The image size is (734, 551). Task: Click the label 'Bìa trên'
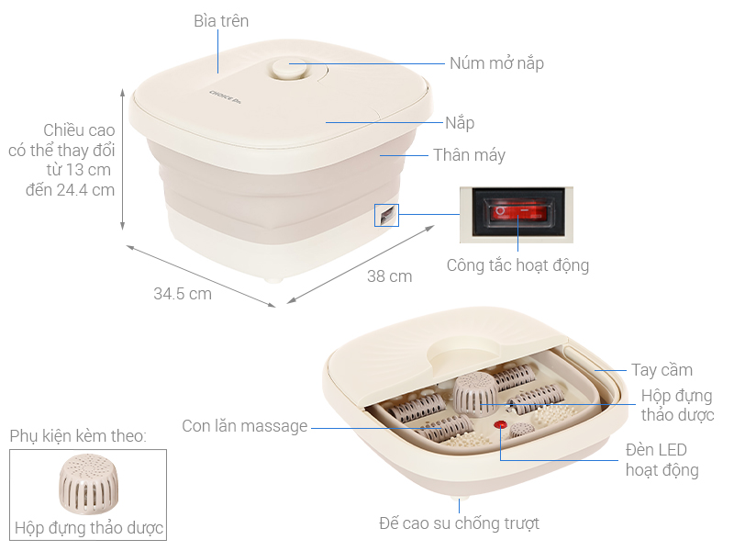(221, 20)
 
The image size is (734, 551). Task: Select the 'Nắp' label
(460, 122)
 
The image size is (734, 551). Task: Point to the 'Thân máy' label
(469, 154)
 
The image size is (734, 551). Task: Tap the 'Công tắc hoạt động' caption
(517, 265)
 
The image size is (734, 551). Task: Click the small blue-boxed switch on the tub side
(386, 214)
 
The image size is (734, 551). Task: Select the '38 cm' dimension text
(389, 275)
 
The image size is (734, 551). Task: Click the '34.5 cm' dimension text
(183, 294)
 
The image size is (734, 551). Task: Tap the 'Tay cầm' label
(662, 370)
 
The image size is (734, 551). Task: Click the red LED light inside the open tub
(501, 425)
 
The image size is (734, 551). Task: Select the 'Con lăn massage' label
(245, 426)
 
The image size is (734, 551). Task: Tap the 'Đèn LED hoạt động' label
(662, 460)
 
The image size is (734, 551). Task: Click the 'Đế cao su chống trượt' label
(459, 523)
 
